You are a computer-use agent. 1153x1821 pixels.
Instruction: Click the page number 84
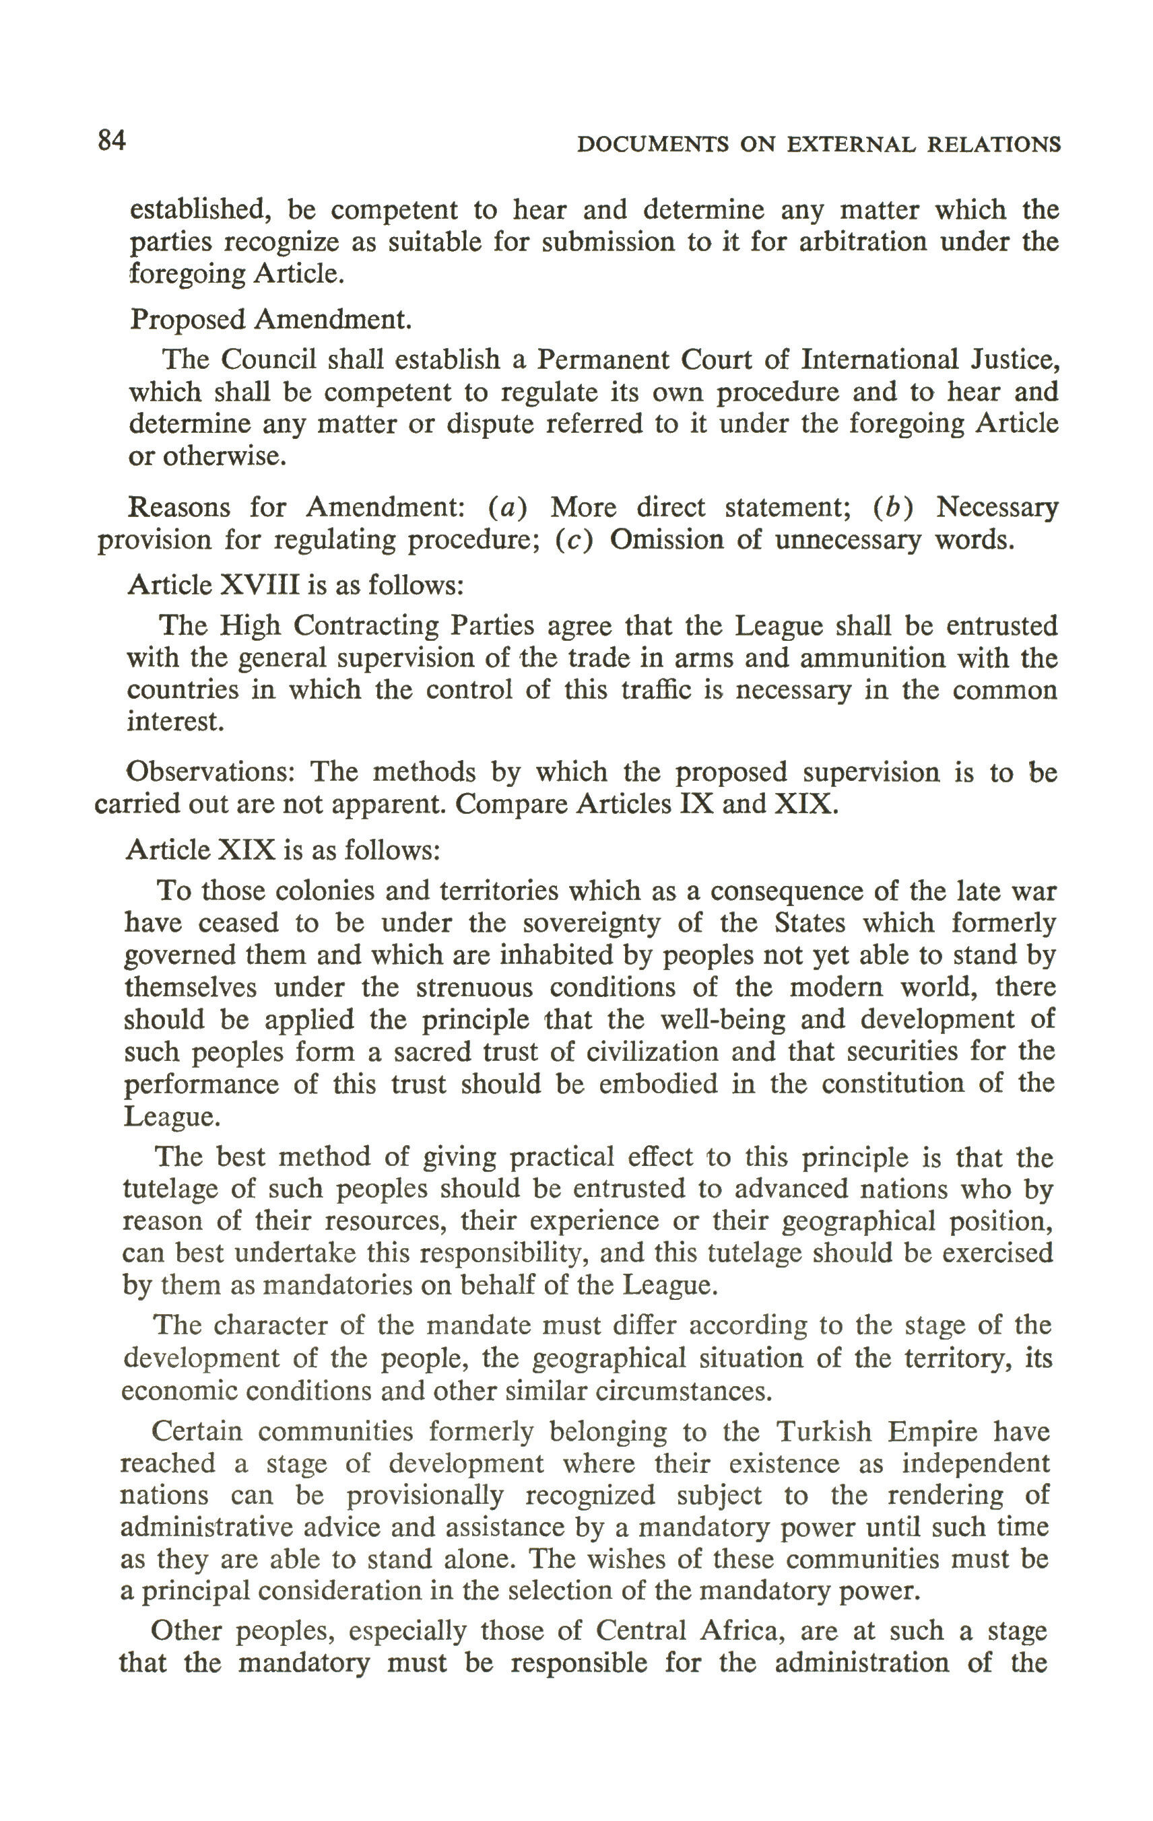tap(111, 140)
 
